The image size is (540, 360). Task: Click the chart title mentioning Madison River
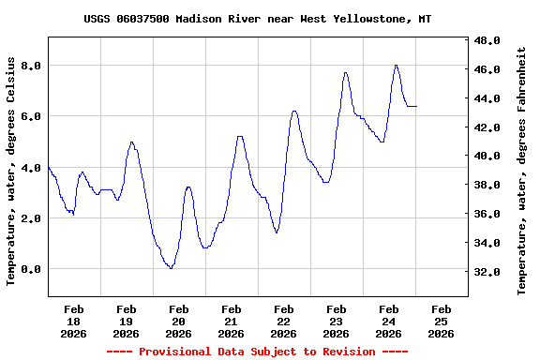coord(258,19)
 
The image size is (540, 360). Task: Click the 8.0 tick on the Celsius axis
coord(31,66)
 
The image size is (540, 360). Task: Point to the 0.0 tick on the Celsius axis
coord(31,269)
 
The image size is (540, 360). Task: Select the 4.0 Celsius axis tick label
coord(31,168)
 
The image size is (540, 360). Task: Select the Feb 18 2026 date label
coord(73,321)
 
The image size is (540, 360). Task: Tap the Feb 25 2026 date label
coord(441,321)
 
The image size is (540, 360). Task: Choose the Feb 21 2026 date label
coord(231,321)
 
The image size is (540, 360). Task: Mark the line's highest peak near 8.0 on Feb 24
coord(397,65)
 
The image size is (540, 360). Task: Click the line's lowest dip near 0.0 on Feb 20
coord(170,268)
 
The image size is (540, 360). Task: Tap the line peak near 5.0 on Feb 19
coord(132,142)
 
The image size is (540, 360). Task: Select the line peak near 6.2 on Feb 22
coord(294,111)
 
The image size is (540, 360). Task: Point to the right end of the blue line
coord(416,106)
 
